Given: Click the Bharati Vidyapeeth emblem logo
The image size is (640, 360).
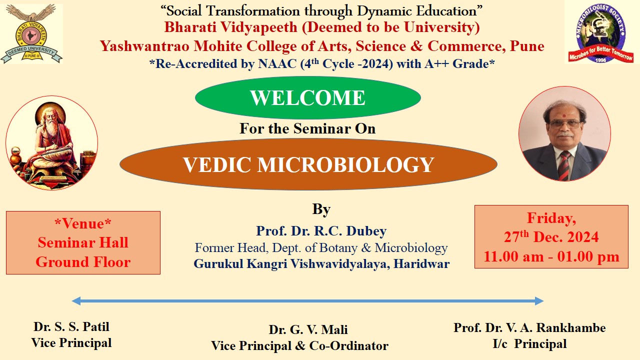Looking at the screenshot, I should [32, 34].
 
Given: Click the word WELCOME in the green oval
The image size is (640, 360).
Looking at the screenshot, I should [307, 98].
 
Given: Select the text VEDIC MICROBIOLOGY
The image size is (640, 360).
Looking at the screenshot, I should [308, 165].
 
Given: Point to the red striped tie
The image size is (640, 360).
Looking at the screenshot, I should [563, 165].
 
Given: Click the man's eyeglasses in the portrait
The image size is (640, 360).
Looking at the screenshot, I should [564, 123].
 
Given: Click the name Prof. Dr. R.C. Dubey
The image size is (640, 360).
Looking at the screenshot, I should [321, 231].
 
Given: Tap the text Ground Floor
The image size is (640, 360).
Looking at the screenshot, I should [83, 261].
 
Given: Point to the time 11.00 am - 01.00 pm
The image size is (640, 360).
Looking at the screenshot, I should [551, 257].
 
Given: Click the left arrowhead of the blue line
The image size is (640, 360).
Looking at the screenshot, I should [76, 301].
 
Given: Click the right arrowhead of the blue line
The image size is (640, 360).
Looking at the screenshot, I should [539, 301].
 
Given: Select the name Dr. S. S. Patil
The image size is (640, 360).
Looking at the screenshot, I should [71, 327].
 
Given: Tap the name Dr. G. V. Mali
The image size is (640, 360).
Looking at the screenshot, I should [308, 330].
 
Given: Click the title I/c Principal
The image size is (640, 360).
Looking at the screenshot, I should [529, 344].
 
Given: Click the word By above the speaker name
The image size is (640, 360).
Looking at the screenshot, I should [321, 209].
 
